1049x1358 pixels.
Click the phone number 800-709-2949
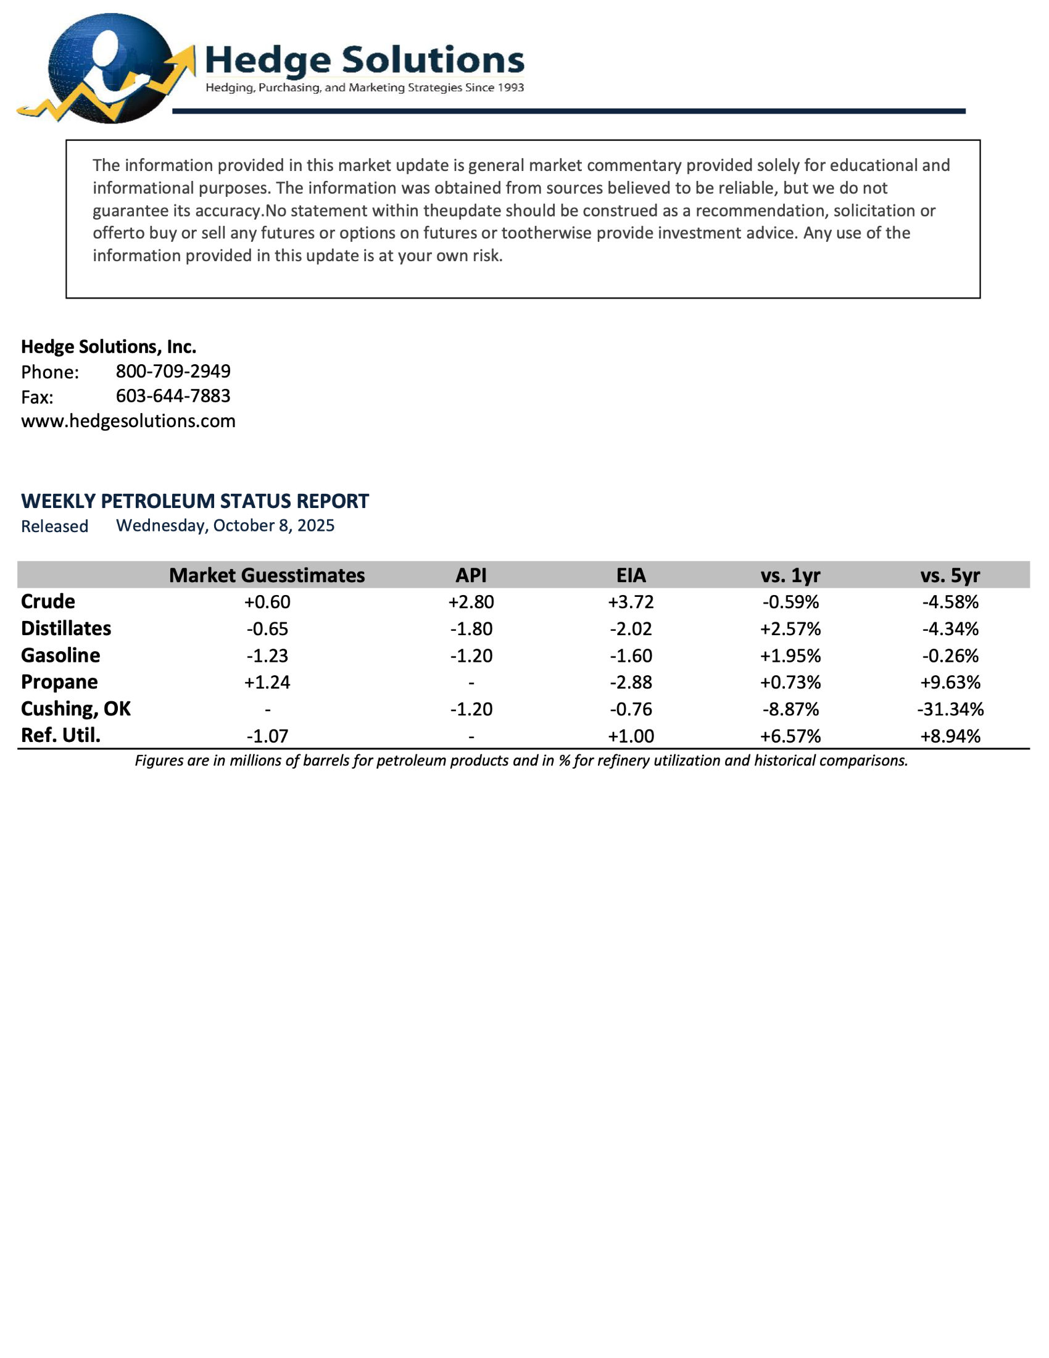[x=173, y=371]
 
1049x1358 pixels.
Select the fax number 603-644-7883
[x=173, y=396]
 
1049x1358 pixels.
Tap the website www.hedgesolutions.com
[x=128, y=421]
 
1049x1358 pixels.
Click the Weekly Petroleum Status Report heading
[x=194, y=501]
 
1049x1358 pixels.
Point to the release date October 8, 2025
[x=225, y=526]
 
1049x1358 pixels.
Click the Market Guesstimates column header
[x=267, y=575]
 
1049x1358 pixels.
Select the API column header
[x=471, y=575]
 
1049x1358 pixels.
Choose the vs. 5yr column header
[x=950, y=575]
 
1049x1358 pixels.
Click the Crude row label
[x=48, y=602]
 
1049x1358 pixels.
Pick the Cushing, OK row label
[x=76, y=709]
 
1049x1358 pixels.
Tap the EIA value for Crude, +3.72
[x=631, y=602]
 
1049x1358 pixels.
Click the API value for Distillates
[x=471, y=628]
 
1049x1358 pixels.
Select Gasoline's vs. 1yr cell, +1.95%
[x=790, y=656]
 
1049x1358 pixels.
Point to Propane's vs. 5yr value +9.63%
[x=950, y=682]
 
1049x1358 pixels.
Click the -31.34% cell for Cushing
[x=950, y=709]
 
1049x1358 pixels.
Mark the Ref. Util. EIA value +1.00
[x=631, y=736]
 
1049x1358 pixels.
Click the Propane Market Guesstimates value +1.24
[x=267, y=682]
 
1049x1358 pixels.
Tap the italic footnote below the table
[x=521, y=760]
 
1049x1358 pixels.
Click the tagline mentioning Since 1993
[x=365, y=88]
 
